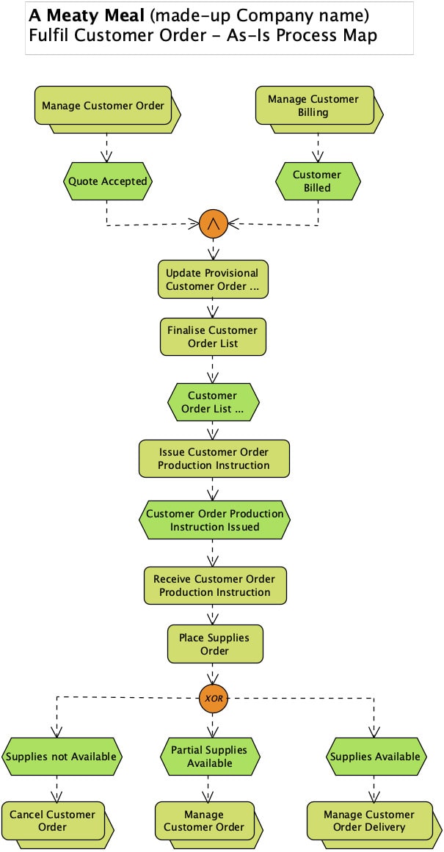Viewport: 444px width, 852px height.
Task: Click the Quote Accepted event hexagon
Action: coord(107,181)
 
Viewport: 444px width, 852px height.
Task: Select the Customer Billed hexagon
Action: coord(317,181)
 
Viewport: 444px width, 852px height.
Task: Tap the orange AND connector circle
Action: coord(214,224)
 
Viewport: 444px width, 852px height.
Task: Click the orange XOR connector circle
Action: coord(214,697)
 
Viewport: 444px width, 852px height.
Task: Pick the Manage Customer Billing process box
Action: coord(314,106)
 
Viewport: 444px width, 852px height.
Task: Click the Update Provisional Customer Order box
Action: coord(213,280)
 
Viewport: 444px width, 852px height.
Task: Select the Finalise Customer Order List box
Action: coord(213,337)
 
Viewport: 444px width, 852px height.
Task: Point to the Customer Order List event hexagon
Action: coord(213,402)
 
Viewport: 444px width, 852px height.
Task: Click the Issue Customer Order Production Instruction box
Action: coord(214,459)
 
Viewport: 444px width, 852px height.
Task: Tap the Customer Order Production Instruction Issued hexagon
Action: coord(214,520)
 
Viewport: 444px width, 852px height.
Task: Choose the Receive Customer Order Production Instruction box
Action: coord(214,586)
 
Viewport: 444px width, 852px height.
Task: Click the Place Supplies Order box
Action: coord(214,644)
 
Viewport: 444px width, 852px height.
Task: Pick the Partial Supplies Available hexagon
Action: coord(209,757)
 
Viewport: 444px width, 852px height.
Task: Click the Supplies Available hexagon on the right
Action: coord(375,757)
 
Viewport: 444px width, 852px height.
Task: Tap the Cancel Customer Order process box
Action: coord(53,821)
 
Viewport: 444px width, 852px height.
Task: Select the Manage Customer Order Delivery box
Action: coord(368,821)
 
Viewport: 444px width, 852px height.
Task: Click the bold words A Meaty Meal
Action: coord(86,15)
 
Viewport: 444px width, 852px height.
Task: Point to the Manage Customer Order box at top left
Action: coord(103,106)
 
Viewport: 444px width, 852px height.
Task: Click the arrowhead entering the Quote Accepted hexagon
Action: coord(107,156)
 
